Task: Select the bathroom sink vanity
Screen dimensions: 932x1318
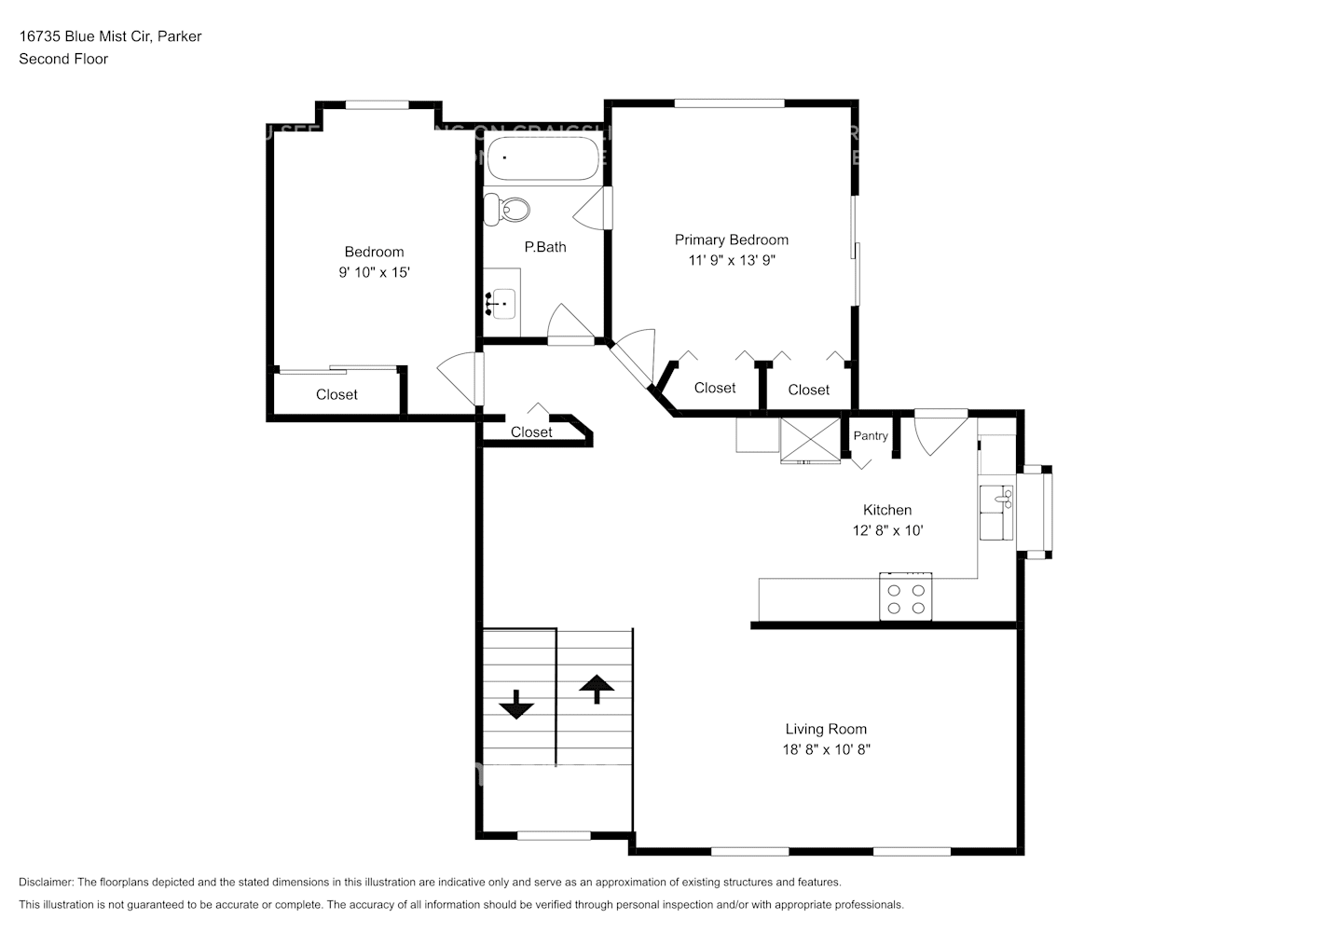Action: [501, 302]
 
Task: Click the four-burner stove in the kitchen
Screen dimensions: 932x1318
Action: [906, 597]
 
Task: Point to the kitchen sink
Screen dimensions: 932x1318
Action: [996, 511]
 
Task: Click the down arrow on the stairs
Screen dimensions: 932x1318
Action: [515, 705]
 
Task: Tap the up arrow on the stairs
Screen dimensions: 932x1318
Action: [597, 689]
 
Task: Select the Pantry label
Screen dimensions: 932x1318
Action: [871, 436]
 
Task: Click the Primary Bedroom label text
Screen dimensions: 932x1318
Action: [732, 240]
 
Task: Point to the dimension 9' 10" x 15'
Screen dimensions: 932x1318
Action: [374, 272]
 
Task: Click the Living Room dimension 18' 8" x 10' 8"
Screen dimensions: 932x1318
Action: [826, 749]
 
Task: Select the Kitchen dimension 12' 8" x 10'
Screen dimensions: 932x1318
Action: [887, 530]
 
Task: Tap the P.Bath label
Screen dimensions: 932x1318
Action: [545, 247]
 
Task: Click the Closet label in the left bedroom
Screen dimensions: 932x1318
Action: [336, 394]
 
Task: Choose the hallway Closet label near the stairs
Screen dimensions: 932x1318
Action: [531, 432]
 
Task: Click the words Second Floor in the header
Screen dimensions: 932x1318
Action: [63, 59]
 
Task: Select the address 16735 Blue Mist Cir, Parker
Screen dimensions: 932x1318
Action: [110, 36]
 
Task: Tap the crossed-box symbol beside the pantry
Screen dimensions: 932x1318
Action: [810, 440]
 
